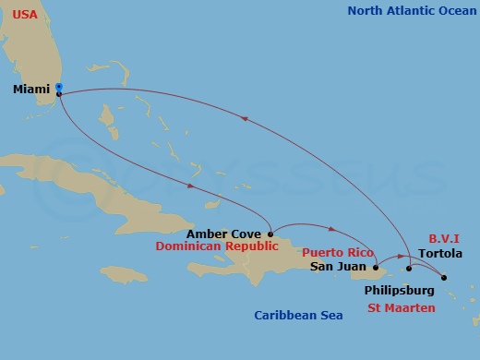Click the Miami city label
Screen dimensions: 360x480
tap(32, 90)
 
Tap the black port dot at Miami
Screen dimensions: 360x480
tap(59, 94)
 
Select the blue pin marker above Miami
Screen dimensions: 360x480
tap(58, 87)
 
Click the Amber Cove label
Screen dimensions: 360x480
tap(223, 234)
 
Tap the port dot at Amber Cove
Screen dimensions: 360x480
tap(270, 234)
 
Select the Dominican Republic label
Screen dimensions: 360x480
tap(217, 247)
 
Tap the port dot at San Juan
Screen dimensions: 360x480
tap(376, 268)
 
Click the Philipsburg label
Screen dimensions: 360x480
tap(398, 289)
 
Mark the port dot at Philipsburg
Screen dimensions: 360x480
tap(409, 270)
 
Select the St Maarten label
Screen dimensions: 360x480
tap(401, 307)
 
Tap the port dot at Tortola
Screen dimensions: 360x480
tap(443, 277)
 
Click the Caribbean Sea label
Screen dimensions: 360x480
tap(298, 316)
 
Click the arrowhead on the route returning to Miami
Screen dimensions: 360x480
tap(246, 118)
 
